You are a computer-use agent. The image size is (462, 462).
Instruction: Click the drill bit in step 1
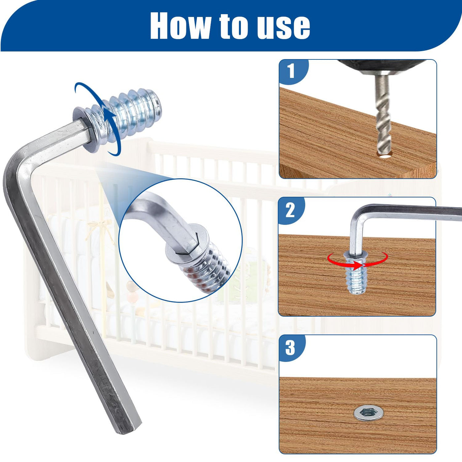[383, 115]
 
